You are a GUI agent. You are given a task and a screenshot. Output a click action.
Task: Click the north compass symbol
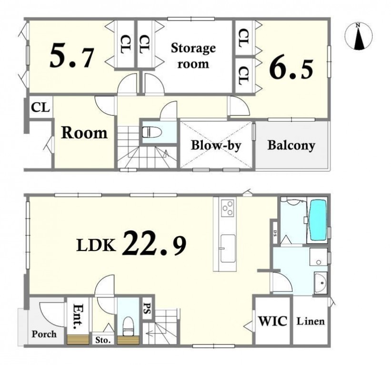tap(359, 36)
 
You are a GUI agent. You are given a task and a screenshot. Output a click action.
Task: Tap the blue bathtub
tap(318, 220)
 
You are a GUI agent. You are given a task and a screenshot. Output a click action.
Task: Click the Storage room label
tap(193, 56)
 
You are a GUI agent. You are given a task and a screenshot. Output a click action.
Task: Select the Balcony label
tap(291, 145)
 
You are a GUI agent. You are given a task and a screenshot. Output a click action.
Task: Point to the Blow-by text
tap(216, 145)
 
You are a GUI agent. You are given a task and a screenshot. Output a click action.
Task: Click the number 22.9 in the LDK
tap(154, 244)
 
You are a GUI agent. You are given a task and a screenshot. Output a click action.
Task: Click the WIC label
tap(272, 321)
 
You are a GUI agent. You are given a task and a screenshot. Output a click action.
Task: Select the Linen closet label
tap(311, 321)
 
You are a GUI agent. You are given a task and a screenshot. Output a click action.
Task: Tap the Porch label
tap(44, 334)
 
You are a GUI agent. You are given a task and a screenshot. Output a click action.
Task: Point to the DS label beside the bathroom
tap(275, 233)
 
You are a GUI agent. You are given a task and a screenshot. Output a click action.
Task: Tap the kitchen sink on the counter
tap(228, 249)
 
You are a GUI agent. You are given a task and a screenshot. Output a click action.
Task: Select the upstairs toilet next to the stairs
tap(152, 132)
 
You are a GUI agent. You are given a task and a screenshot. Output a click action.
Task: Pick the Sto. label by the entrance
tap(103, 340)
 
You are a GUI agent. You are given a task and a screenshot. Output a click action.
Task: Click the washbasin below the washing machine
tap(321, 282)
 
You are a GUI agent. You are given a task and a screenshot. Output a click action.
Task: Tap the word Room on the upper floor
tap(84, 133)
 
